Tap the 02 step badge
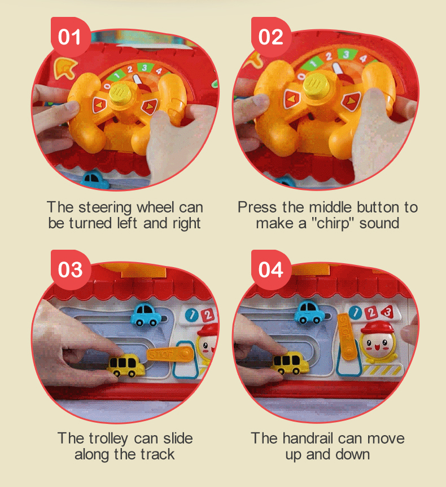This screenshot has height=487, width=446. (x=271, y=37)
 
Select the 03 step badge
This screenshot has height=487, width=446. (x=71, y=269)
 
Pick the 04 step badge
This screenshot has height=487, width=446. (x=271, y=269)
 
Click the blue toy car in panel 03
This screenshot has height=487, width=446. (x=146, y=315)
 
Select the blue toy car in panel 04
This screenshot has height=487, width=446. (x=310, y=312)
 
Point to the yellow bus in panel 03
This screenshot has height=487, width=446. (x=126, y=365)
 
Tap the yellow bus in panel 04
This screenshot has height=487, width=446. (x=291, y=362)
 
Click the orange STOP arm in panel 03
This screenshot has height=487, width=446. (x=170, y=354)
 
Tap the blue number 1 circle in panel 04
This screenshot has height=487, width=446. (x=355, y=312)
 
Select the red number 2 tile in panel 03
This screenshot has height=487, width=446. (x=207, y=315)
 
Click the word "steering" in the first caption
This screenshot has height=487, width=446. (x=105, y=208)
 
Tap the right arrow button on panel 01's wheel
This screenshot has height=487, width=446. (x=149, y=106)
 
